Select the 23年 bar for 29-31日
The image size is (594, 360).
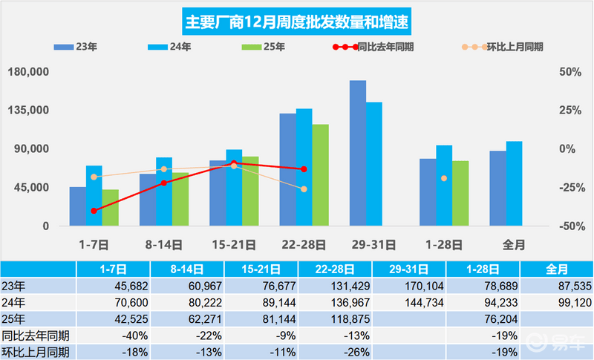coord(358,153)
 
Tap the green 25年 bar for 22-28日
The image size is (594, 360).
coord(321,175)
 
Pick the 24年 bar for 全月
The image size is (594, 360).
coord(514,183)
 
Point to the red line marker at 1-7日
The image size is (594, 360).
coord(94,211)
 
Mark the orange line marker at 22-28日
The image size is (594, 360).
coord(304,189)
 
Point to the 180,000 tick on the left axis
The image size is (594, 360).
coord(27,72)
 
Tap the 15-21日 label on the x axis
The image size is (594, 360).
coord(234,243)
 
